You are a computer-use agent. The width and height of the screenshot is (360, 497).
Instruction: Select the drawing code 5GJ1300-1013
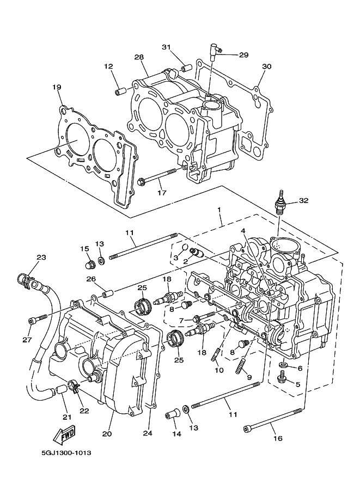(66, 453)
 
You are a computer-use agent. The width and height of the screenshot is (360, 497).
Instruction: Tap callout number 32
(303, 201)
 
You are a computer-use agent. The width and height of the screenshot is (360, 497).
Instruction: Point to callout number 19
(57, 87)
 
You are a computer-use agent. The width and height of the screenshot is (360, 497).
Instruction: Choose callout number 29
(243, 55)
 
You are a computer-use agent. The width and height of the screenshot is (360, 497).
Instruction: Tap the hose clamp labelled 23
(27, 280)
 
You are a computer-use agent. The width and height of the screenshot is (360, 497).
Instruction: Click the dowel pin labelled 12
(120, 91)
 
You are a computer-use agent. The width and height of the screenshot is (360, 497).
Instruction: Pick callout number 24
(148, 433)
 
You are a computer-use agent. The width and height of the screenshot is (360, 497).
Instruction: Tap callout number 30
(267, 66)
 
